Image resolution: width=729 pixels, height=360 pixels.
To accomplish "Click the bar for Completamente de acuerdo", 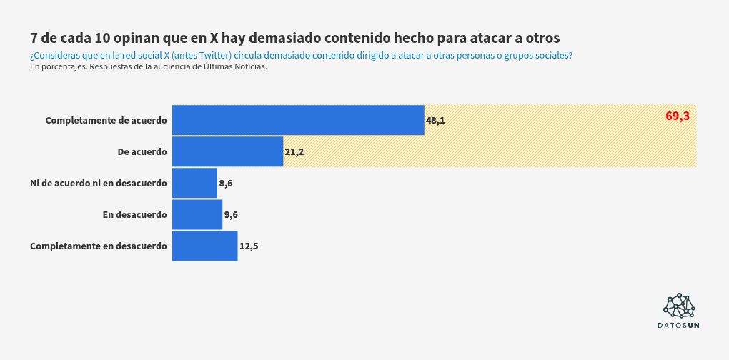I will pyautogui.click(x=298, y=120).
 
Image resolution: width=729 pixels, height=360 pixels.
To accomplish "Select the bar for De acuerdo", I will pyautogui.click(x=228, y=151).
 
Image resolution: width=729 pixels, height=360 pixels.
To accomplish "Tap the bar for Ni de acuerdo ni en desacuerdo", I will pyautogui.click(x=194, y=183).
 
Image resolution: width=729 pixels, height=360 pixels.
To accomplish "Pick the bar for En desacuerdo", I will pyautogui.click(x=197, y=214).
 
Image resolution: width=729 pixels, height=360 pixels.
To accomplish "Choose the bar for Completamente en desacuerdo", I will pyautogui.click(x=205, y=246).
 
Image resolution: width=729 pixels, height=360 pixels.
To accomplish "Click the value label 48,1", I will pyautogui.click(x=435, y=121).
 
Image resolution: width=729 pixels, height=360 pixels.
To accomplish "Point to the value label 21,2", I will pyautogui.click(x=294, y=152).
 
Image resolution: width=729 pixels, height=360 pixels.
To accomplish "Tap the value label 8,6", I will pyautogui.click(x=226, y=184).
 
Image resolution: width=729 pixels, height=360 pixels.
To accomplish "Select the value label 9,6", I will pyautogui.click(x=231, y=215).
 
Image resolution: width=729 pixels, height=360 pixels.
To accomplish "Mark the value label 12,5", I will pyautogui.click(x=249, y=246).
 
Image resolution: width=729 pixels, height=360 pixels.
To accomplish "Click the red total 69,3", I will pyautogui.click(x=678, y=116).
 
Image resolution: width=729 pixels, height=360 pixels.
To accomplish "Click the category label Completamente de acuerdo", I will pyautogui.click(x=106, y=120).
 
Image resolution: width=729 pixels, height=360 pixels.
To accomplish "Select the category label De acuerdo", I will pyautogui.click(x=142, y=151).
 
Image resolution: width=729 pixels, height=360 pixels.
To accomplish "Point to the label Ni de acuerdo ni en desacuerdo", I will pyautogui.click(x=99, y=183).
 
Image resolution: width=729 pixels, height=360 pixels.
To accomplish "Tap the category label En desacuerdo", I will pyautogui.click(x=134, y=214).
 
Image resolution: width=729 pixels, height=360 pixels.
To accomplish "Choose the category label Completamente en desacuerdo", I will pyautogui.click(x=99, y=246).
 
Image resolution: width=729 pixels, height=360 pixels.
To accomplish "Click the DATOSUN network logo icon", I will pyautogui.click(x=679, y=305).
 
